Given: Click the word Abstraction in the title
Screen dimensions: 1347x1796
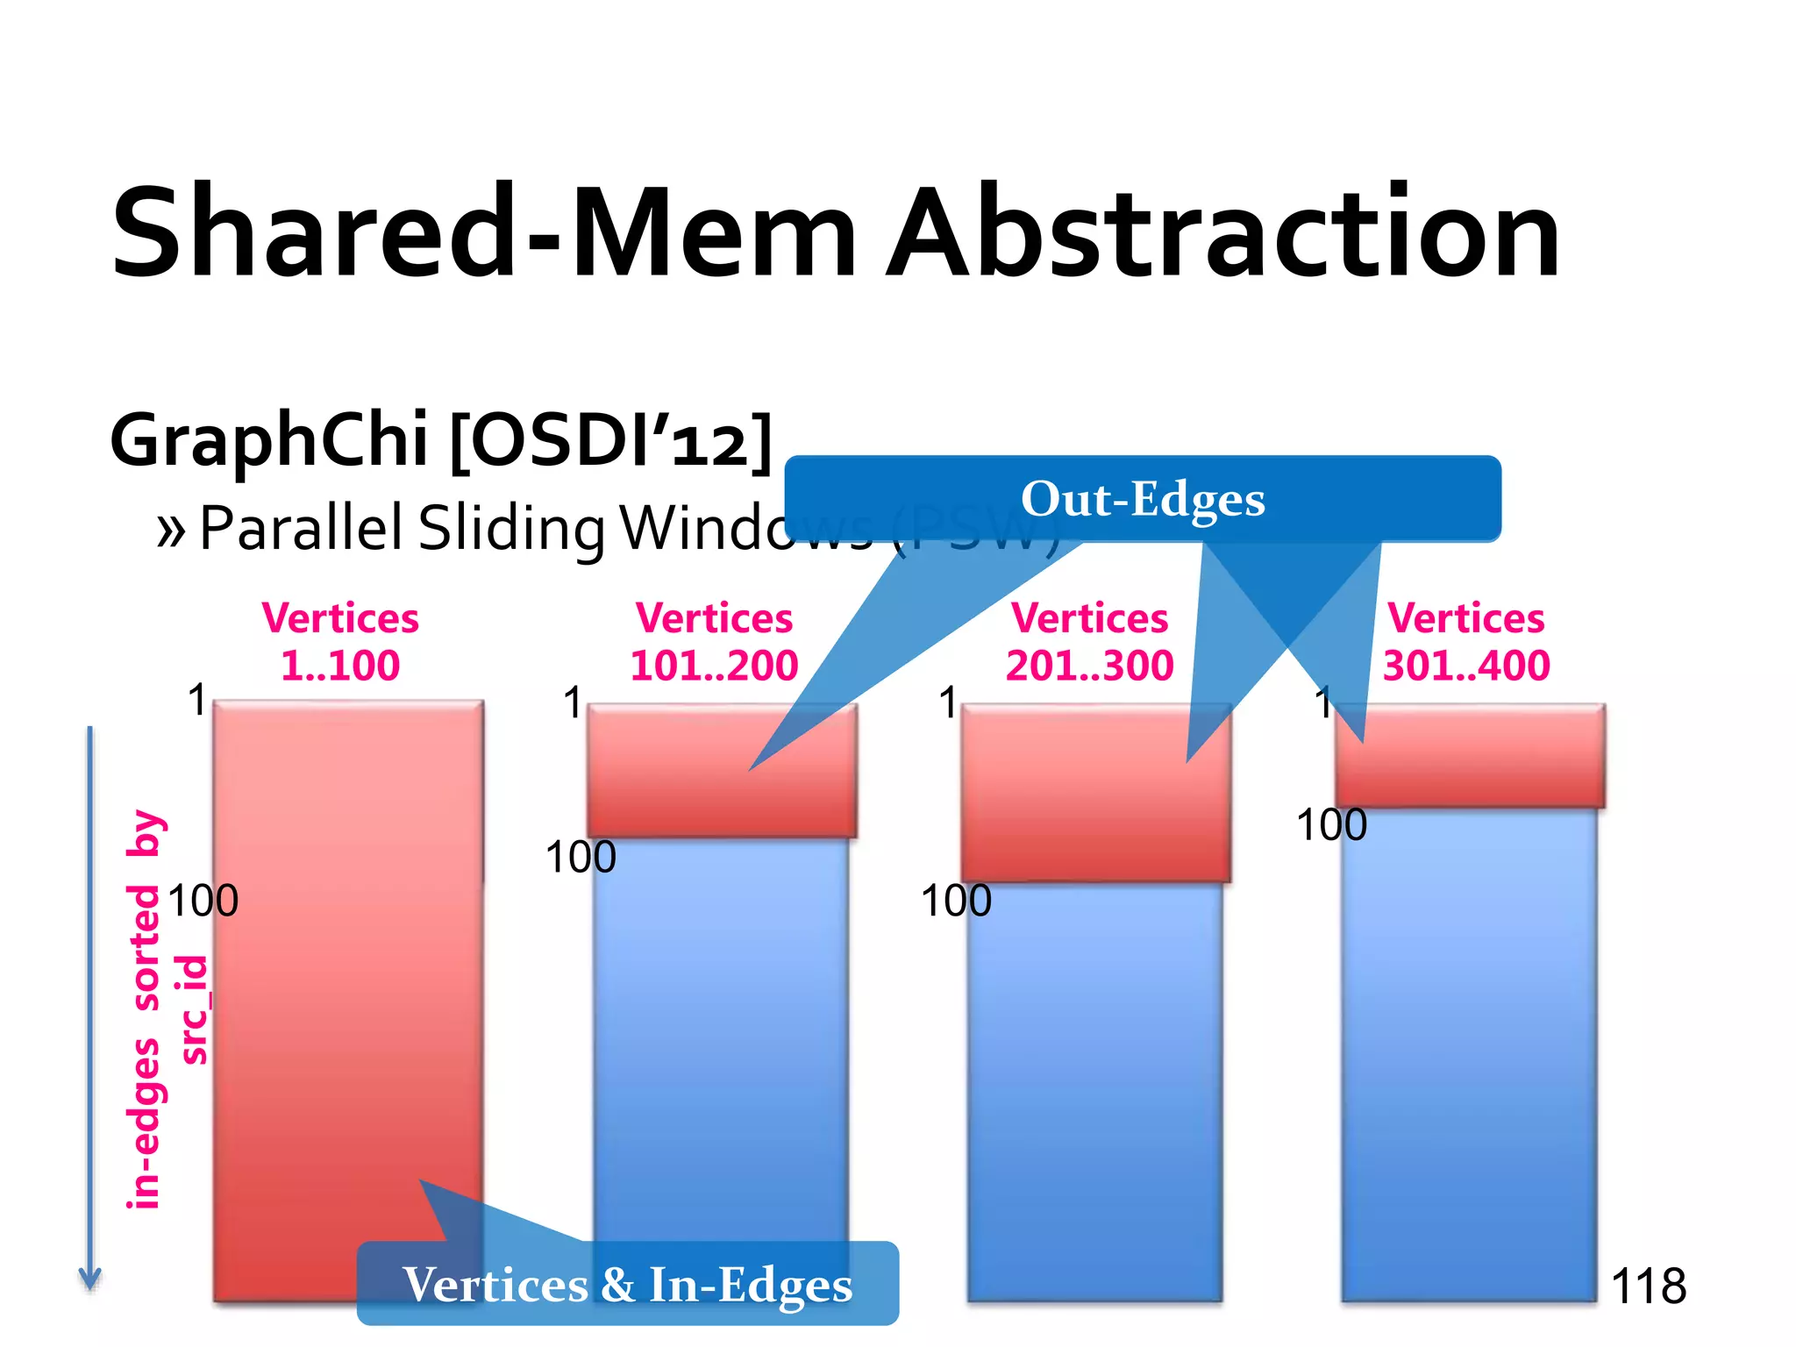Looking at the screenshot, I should coord(1223,232).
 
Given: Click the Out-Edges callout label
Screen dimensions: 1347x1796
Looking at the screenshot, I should coord(1142,499).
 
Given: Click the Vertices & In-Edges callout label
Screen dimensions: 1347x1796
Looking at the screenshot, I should coord(627,1285).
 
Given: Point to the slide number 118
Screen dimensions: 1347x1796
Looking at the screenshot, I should coord(1648,1286).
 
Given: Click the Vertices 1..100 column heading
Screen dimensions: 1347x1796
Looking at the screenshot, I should coord(340,641).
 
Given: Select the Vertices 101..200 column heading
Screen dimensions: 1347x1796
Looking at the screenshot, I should coord(714,641).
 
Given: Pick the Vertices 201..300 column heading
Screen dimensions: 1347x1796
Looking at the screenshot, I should coord(1089,641).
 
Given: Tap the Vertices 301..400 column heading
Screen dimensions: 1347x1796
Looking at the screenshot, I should coord(1465,641).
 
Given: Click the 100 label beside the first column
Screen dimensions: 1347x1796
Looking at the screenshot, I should coord(203,901).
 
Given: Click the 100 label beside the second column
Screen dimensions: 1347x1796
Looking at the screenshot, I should coord(581,857).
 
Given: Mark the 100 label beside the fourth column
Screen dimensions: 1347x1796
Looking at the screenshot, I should coord(1331,825).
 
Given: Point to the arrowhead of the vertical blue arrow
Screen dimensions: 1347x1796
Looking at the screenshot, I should coord(89,1280).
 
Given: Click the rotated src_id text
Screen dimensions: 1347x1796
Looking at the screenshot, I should coord(195,1010).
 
